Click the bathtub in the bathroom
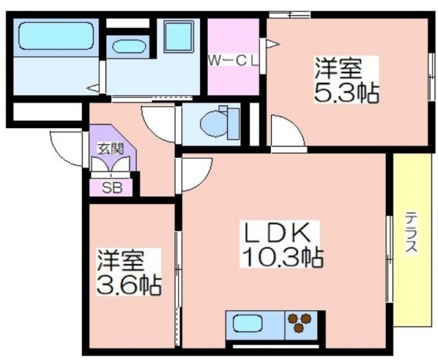click(56, 36)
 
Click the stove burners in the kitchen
click(300, 322)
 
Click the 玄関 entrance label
click(110, 150)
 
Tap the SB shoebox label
click(112, 188)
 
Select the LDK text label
click(278, 233)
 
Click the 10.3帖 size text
click(283, 257)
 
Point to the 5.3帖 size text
click(347, 92)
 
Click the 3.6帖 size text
click(129, 285)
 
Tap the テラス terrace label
click(411, 233)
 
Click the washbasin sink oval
click(129, 47)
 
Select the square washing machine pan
click(178, 36)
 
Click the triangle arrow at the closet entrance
click(272, 44)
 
